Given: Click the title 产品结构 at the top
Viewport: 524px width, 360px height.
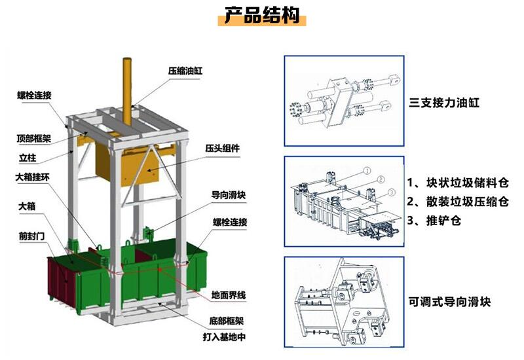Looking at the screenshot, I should point(261,15).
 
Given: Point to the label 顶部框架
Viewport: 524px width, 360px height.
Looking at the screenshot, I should point(34,139).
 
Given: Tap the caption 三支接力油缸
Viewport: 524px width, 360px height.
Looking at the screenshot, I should point(445,103).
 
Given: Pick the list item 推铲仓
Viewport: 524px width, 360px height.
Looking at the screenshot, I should point(440,221).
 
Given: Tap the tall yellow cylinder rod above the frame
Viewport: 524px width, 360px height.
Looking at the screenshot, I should point(127,82).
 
